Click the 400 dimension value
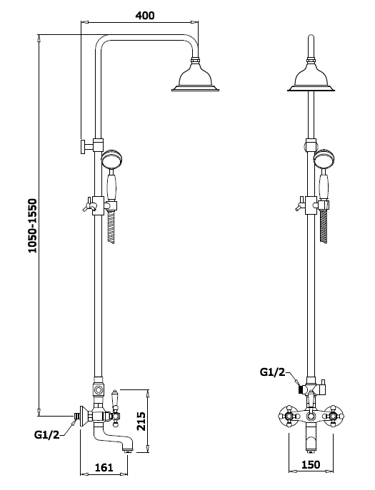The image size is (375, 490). [144, 15]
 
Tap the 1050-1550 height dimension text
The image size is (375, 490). [32, 225]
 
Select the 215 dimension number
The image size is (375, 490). [141, 422]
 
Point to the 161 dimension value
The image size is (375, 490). [104, 467]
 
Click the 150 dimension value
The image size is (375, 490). [311, 465]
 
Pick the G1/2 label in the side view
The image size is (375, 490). [46, 434]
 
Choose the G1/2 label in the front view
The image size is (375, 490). [272, 372]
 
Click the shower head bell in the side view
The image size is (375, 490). [195, 76]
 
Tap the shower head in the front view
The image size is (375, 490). [311, 76]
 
